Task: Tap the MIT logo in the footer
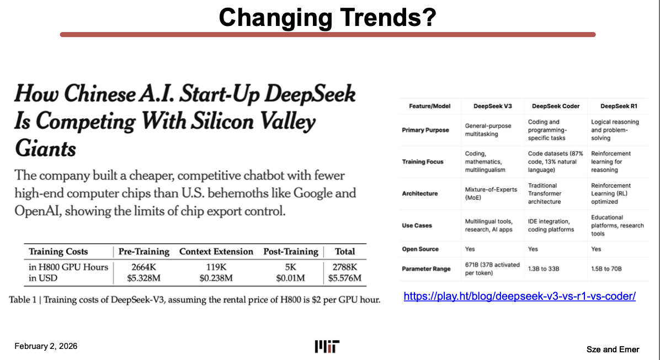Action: (x=327, y=347)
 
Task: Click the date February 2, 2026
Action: (x=46, y=346)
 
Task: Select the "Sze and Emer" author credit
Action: (x=613, y=349)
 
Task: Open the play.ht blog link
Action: (x=519, y=297)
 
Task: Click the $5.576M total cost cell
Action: (x=344, y=278)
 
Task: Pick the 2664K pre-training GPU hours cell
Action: (x=143, y=267)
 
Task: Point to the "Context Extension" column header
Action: (x=216, y=252)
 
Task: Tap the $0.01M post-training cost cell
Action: (x=290, y=278)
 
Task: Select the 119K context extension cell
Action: (x=216, y=267)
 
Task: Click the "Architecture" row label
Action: (x=419, y=194)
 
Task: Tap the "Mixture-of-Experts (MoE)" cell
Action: (x=491, y=193)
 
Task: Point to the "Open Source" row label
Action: (x=420, y=249)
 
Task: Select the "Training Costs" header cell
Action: (x=58, y=252)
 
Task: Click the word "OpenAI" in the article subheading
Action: (x=39, y=210)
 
